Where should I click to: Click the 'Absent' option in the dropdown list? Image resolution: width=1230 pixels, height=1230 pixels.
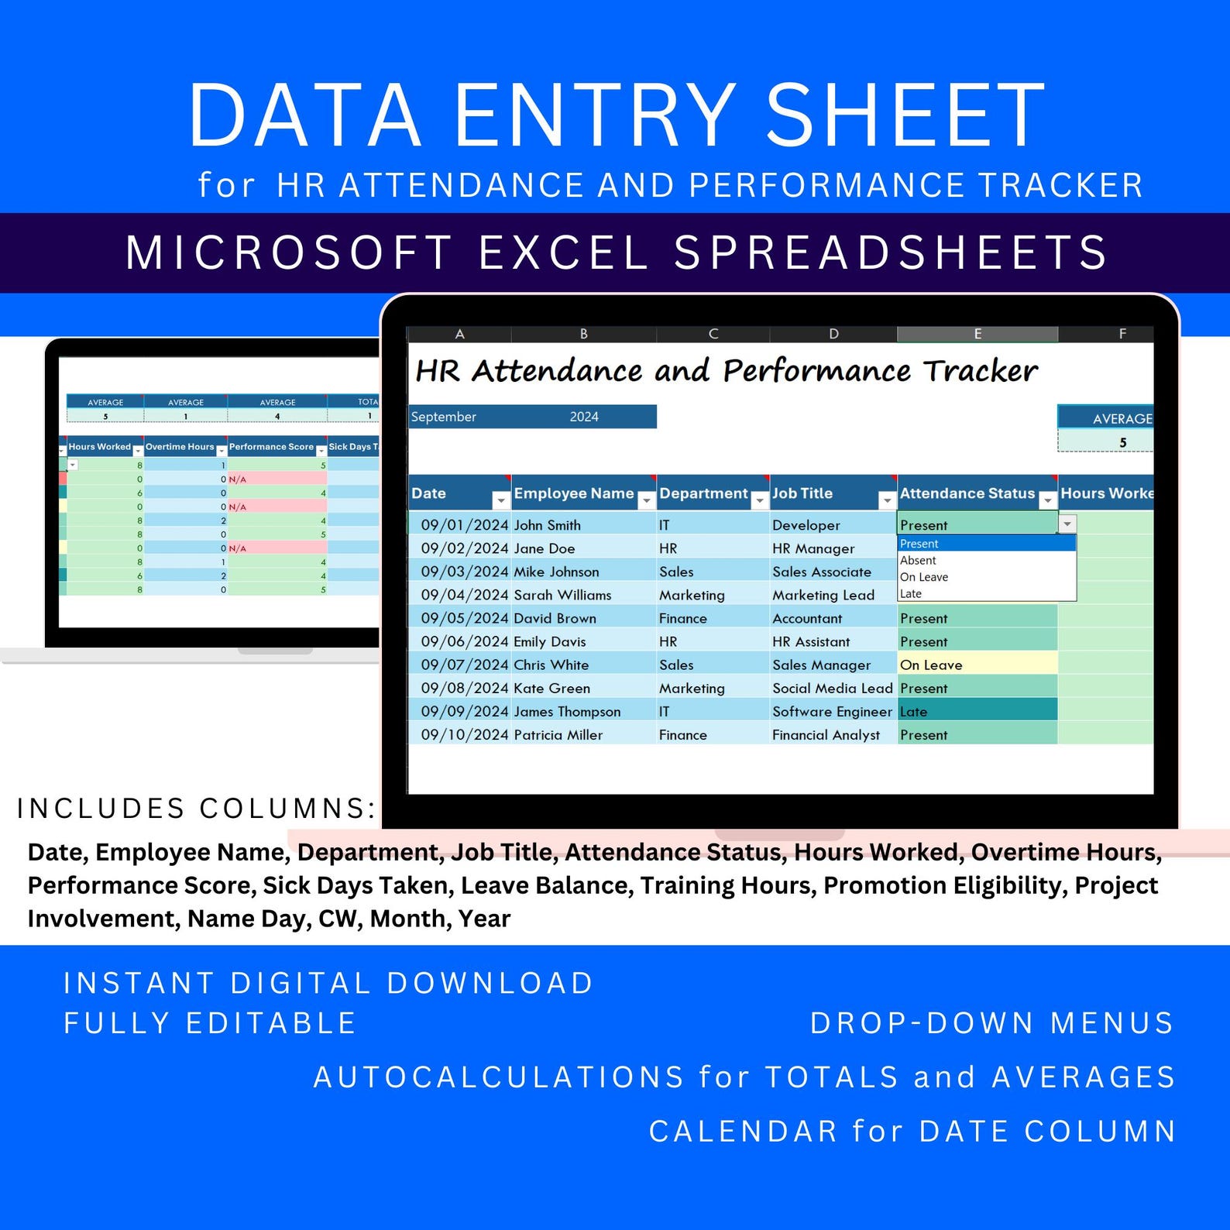coord(919,561)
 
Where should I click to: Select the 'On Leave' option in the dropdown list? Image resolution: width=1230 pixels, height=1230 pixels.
coord(924,577)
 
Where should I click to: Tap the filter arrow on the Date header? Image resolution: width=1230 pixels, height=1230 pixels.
coord(500,501)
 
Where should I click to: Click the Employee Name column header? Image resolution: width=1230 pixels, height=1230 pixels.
coord(574,493)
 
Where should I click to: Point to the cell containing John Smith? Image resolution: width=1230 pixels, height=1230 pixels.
coord(547,525)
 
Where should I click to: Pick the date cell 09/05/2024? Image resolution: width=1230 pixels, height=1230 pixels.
coord(464,618)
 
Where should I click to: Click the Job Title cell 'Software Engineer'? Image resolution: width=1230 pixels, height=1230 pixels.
coord(832,711)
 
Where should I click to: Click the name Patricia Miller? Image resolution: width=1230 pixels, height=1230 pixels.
coord(558,734)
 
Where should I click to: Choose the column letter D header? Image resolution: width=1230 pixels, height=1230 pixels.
coord(833,334)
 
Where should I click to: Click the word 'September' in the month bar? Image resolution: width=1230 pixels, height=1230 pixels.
coord(444,417)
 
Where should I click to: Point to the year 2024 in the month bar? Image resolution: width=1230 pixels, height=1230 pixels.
coord(584,417)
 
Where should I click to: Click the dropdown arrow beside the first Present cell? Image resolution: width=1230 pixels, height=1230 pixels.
coord(1067,524)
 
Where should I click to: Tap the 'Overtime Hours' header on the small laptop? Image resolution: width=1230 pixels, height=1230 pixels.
coord(180,447)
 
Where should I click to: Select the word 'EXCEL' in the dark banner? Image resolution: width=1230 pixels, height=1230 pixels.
coord(563,253)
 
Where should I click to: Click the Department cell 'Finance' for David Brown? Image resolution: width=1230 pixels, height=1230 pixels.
coord(682,618)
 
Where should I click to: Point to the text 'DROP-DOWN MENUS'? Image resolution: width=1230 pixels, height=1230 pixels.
coord(992,1023)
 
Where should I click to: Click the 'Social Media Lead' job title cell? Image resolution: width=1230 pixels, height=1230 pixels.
coord(832,688)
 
